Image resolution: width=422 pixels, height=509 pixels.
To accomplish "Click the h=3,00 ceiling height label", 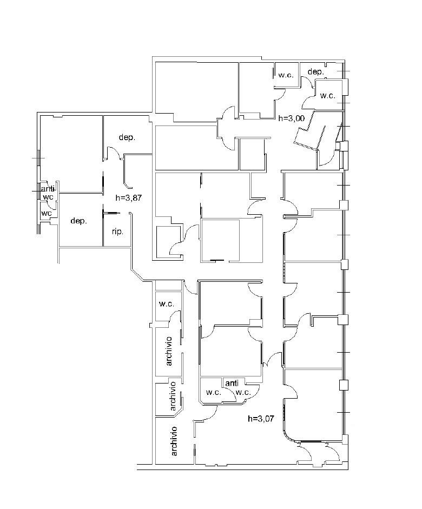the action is point(292,118).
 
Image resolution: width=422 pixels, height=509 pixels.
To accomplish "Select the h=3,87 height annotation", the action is point(129,197).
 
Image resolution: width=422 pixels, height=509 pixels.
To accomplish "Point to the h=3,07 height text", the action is point(261,419).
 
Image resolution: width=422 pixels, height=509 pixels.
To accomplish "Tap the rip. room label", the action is point(117,232).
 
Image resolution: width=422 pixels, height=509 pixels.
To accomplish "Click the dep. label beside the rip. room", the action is point(78,221).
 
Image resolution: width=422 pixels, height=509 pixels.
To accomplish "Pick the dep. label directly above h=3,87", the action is point(127,137).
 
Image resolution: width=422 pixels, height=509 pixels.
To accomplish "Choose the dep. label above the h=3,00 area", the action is point(315,72).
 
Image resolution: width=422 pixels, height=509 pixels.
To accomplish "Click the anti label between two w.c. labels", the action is point(232,383).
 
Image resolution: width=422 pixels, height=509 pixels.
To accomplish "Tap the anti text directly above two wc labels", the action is point(48,189).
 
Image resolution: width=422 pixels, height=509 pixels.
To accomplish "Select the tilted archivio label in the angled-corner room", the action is point(173,396).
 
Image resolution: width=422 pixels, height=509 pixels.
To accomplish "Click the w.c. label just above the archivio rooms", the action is point(167,304).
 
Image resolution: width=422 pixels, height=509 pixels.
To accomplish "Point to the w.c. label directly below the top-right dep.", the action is point(327,96).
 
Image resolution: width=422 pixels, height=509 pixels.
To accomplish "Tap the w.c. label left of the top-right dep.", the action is point(286,75).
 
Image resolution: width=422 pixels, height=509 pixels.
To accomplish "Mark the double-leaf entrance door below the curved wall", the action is point(319,452).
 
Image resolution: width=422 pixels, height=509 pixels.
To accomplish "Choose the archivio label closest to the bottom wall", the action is point(174,441).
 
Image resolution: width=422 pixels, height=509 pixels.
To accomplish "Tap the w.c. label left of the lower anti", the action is point(214,392).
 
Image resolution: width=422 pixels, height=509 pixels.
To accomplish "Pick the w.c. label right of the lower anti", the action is point(243,392).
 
